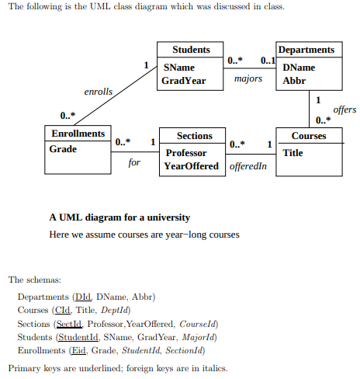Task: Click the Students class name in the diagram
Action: [x=190, y=50]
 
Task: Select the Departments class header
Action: [x=306, y=50]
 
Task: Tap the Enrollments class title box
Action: [x=78, y=134]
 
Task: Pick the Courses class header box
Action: [x=309, y=136]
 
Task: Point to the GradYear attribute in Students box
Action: [x=183, y=80]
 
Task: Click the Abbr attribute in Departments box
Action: [x=294, y=80]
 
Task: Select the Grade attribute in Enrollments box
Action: [x=64, y=148]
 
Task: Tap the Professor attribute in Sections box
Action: [x=186, y=153]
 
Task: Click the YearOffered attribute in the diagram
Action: [x=192, y=166]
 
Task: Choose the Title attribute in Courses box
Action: [x=293, y=153]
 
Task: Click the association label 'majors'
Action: [x=247, y=79]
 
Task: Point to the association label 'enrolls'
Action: [x=99, y=92]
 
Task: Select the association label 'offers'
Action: [x=344, y=110]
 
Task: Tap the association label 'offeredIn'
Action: [x=248, y=166]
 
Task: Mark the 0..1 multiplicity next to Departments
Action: [x=268, y=61]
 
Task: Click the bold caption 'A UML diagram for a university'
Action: [x=119, y=217]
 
